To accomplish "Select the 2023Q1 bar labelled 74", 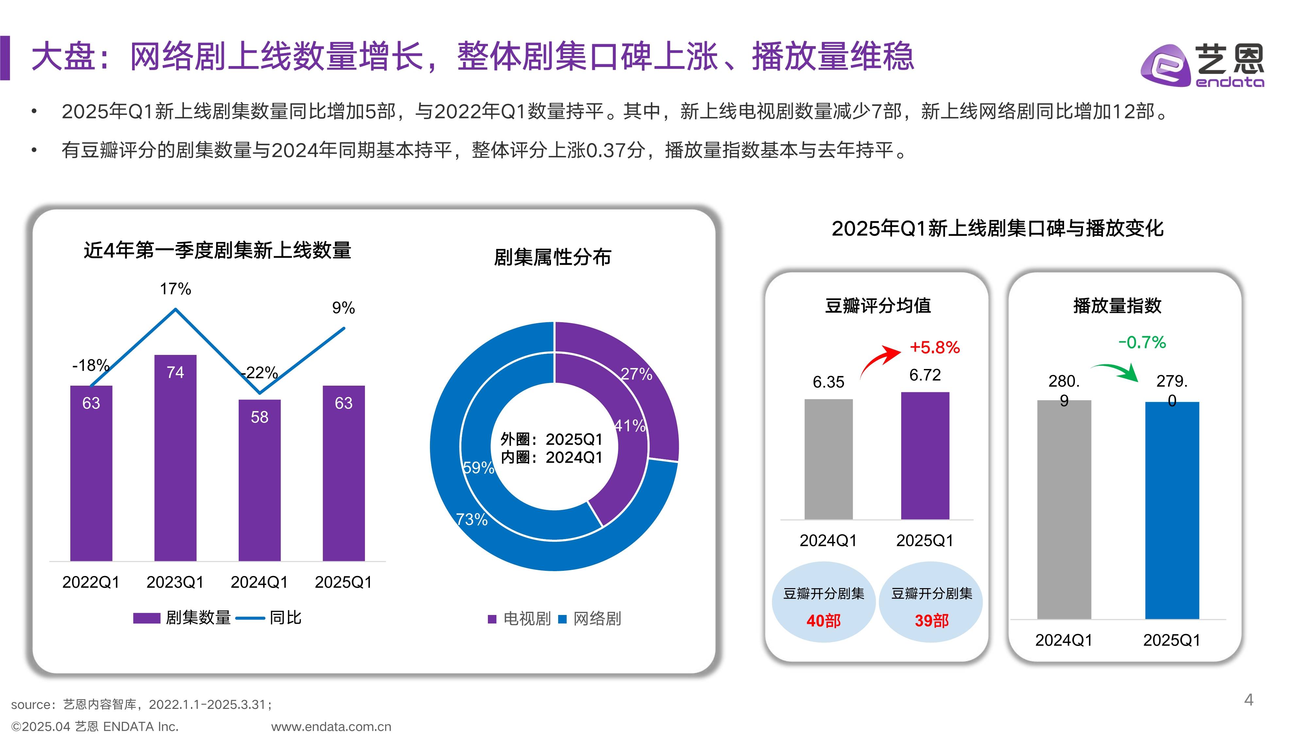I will coord(175,457).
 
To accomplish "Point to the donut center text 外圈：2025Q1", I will coord(551,439).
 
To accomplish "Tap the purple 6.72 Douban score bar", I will coord(925,456).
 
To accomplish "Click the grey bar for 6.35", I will coord(828,459).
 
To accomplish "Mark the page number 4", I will coord(1248,700).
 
